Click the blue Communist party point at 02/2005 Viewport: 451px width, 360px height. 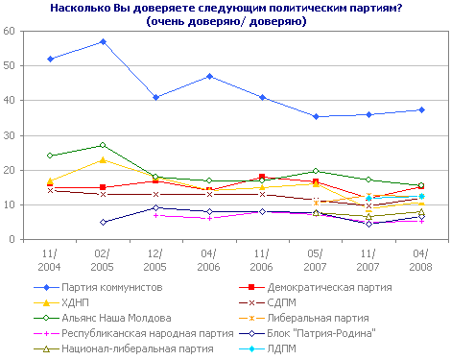pos(103,41)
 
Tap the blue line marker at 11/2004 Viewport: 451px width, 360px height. pos(49,59)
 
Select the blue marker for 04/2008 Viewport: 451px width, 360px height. pos(421,109)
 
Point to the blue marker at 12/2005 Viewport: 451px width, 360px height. pos(155,97)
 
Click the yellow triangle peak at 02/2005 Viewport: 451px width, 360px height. pos(103,159)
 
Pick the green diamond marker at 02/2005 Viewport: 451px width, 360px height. pos(103,145)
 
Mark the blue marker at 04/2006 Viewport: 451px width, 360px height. pos(209,76)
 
